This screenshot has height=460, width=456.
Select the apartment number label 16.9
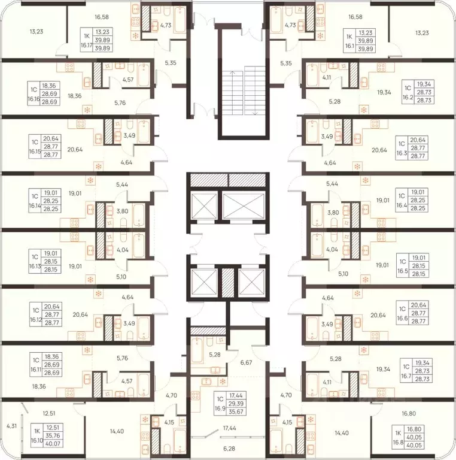click(x=220, y=408)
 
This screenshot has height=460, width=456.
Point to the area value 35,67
click(x=236, y=411)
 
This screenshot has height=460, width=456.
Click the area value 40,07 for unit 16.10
click(x=53, y=444)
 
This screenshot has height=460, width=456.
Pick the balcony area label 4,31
click(x=12, y=426)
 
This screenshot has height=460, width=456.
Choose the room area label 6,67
click(x=246, y=362)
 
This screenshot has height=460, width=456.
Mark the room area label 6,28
click(x=229, y=449)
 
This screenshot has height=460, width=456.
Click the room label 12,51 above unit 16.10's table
click(x=49, y=414)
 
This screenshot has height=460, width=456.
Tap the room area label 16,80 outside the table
click(x=409, y=414)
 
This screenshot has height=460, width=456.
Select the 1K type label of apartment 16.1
click(x=349, y=37)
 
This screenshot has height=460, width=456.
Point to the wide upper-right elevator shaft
click(x=243, y=205)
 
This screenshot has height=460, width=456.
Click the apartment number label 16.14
click(x=34, y=205)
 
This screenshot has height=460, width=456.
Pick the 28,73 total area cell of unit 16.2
click(x=424, y=100)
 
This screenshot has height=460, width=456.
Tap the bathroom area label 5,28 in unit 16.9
click(x=214, y=355)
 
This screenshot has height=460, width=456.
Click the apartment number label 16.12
click(x=35, y=319)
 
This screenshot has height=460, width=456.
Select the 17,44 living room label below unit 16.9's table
click(x=229, y=428)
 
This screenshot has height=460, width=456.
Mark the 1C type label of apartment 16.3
click(x=401, y=144)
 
